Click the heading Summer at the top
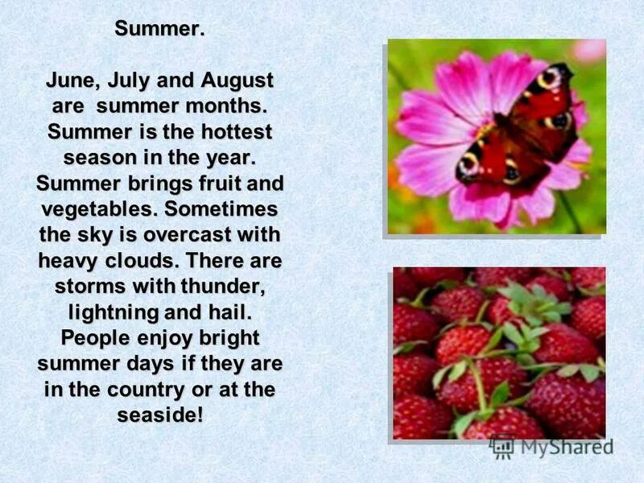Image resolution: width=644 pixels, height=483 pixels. (159, 30)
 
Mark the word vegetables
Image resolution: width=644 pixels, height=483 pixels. (97, 208)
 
